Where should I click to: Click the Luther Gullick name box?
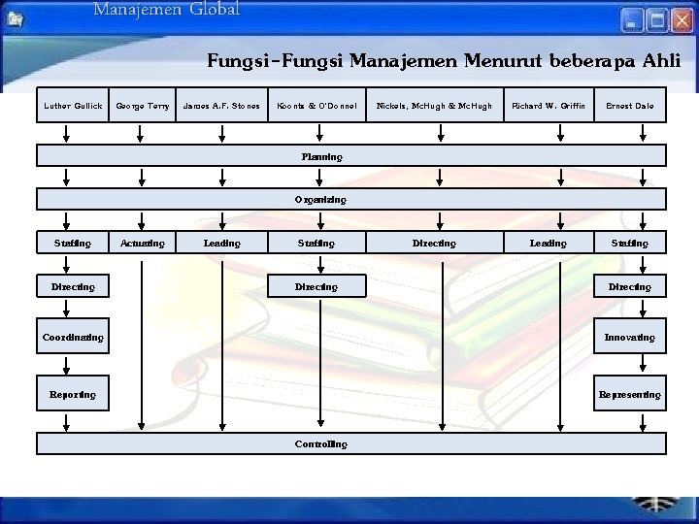[x=73, y=106]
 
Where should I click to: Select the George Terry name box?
[x=142, y=106]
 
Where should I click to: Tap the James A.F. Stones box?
[x=222, y=106]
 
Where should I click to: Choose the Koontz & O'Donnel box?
[x=316, y=106]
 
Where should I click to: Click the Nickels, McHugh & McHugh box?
[x=434, y=106]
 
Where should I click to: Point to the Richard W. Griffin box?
[x=548, y=106]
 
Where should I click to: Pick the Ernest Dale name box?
[x=629, y=106]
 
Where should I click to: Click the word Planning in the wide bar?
[x=321, y=155]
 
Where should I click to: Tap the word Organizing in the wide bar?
[x=320, y=199]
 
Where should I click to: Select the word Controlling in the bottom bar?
[x=320, y=443]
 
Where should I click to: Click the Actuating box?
[x=142, y=243]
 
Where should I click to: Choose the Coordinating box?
[x=73, y=337]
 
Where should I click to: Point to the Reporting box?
[x=73, y=394]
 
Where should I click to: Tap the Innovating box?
[x=629, y=337]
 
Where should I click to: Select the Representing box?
[x=629, y=394]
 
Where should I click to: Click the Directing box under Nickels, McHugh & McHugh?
[x=434, y=243]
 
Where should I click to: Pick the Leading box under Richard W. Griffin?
[x=548, y=243]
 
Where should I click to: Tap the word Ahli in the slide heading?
[x=661, y=61]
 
